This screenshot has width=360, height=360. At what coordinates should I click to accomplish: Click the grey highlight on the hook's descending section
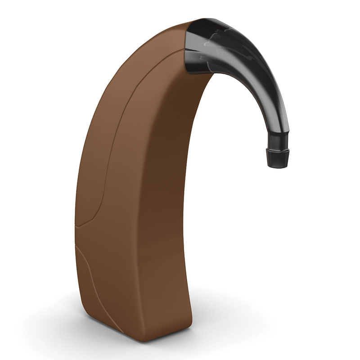click(x=274, y=103)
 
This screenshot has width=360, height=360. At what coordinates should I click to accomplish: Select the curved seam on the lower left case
click(x=88, y=270)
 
